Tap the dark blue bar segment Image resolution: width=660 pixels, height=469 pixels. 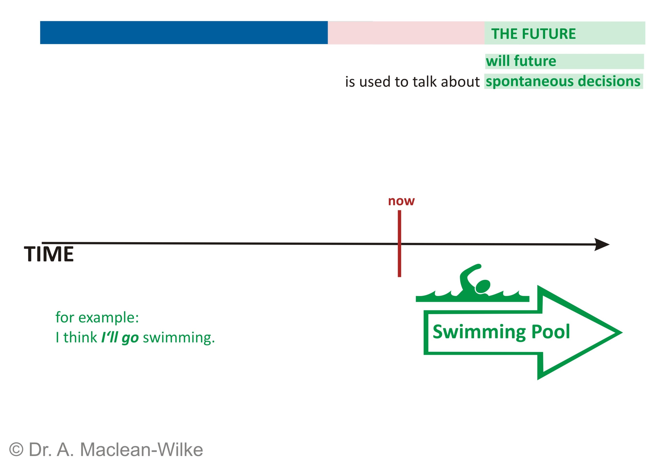point(183,33)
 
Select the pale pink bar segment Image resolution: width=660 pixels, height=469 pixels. point(405,33)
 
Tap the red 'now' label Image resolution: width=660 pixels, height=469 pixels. point(401,201)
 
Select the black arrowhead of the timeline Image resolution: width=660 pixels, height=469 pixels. point(602,244)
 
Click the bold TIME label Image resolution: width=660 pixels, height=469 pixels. point(49,254)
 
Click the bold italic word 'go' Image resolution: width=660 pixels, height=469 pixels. point(130,338)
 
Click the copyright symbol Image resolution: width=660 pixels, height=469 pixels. point(16,449)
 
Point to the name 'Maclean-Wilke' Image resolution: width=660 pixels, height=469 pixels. point(141,449)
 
